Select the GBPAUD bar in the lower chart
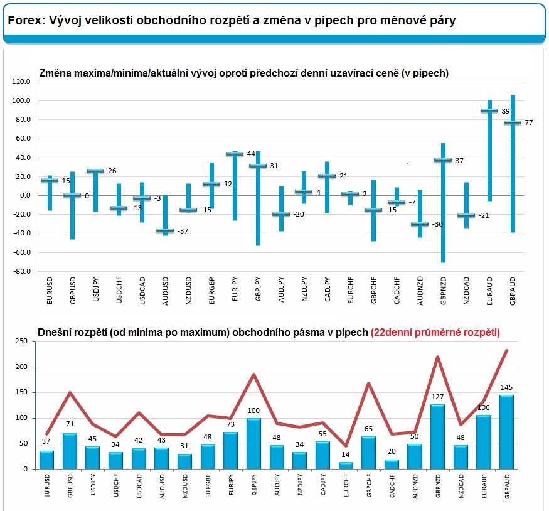506,432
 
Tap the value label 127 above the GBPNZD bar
438,397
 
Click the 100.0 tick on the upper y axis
21,101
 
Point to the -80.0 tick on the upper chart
22,271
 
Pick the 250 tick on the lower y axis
22,341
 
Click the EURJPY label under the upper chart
235,289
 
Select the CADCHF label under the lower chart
393,486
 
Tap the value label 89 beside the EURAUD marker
506,111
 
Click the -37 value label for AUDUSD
183,231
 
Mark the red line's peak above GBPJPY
253,374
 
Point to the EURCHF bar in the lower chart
346,466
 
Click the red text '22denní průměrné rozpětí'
435,332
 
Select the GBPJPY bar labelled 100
253,444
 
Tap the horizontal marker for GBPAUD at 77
513,122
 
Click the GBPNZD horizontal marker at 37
443,160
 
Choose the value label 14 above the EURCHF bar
346,455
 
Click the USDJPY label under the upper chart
96,289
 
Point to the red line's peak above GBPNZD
438,357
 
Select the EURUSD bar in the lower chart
46,460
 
